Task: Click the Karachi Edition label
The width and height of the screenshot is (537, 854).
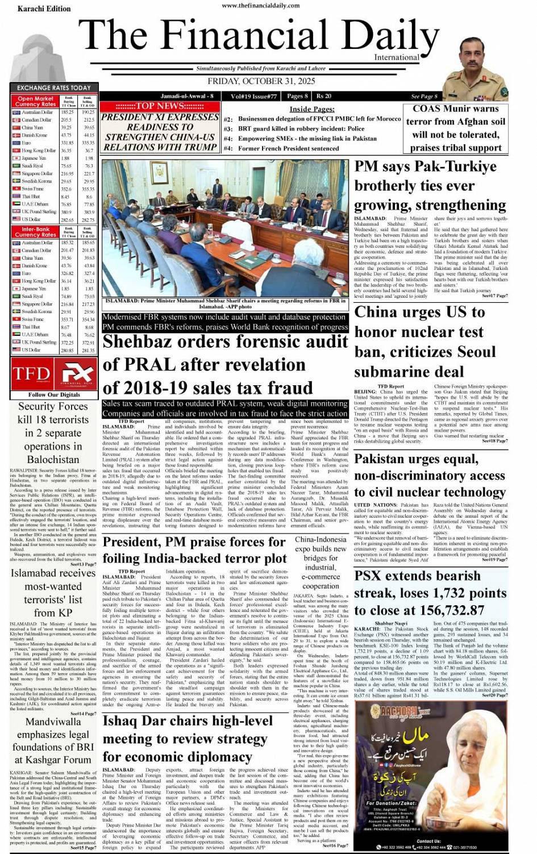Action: click(x=44, y=9)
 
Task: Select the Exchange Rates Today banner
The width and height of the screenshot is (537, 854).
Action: click(x=53, y=88)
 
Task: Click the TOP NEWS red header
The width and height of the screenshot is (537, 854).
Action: click(x=160, y=106)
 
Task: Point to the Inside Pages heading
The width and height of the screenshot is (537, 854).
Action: click(x=312, y=109)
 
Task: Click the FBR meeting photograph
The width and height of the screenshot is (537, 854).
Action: click(x=225, y=227)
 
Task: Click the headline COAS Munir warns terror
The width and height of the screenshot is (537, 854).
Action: click(x=456, y=128)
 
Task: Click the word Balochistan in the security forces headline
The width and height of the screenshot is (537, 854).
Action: click(x=53, y=459)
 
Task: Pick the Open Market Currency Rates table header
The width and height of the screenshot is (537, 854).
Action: click(x=36, y=102)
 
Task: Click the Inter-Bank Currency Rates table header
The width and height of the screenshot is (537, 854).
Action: click(x=36, y=232)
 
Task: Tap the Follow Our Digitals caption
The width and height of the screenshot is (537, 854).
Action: click(x=54, y=394)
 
